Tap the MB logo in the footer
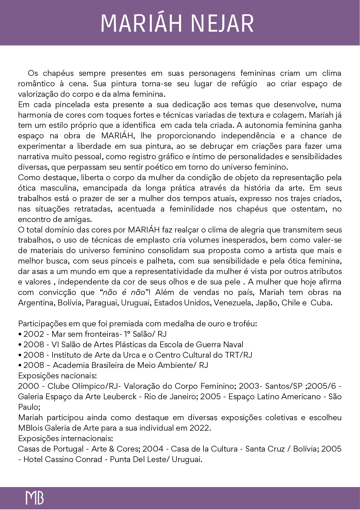coord(35,498)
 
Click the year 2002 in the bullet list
coord(34,334)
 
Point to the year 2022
coord(199,428)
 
